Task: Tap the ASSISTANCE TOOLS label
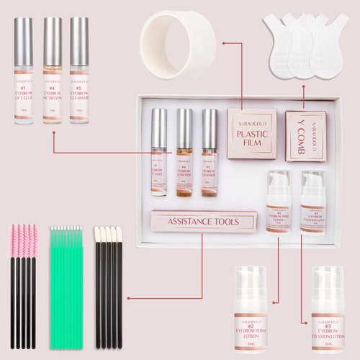point(204,221)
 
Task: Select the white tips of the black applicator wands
point(109,238)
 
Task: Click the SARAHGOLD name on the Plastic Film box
point(252,123)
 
